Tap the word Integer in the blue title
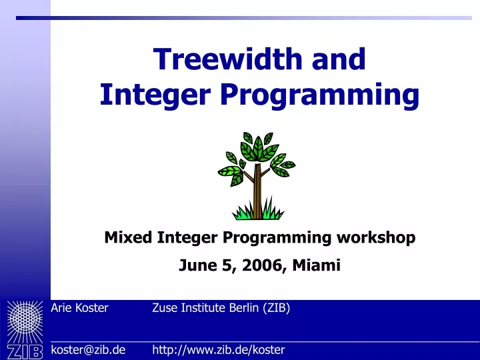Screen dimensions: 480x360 [155, 95]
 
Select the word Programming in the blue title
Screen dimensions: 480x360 [319, 95]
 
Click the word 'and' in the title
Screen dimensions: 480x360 [339, 59]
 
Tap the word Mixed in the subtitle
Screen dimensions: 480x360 [128, 237]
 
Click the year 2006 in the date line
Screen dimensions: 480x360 [262, 265]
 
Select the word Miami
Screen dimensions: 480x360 [316, 265]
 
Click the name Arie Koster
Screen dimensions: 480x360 [79, 308]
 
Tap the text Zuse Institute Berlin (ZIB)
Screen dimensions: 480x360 [221, 308]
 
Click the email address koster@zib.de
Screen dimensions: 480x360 [88, 349]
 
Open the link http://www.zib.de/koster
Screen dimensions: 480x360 [219, 350]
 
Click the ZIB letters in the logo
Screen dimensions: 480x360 [25, 352]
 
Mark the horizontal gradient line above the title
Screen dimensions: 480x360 [244, 18]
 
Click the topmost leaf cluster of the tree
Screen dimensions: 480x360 [258, 147]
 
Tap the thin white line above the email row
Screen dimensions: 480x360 [265, 341]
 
